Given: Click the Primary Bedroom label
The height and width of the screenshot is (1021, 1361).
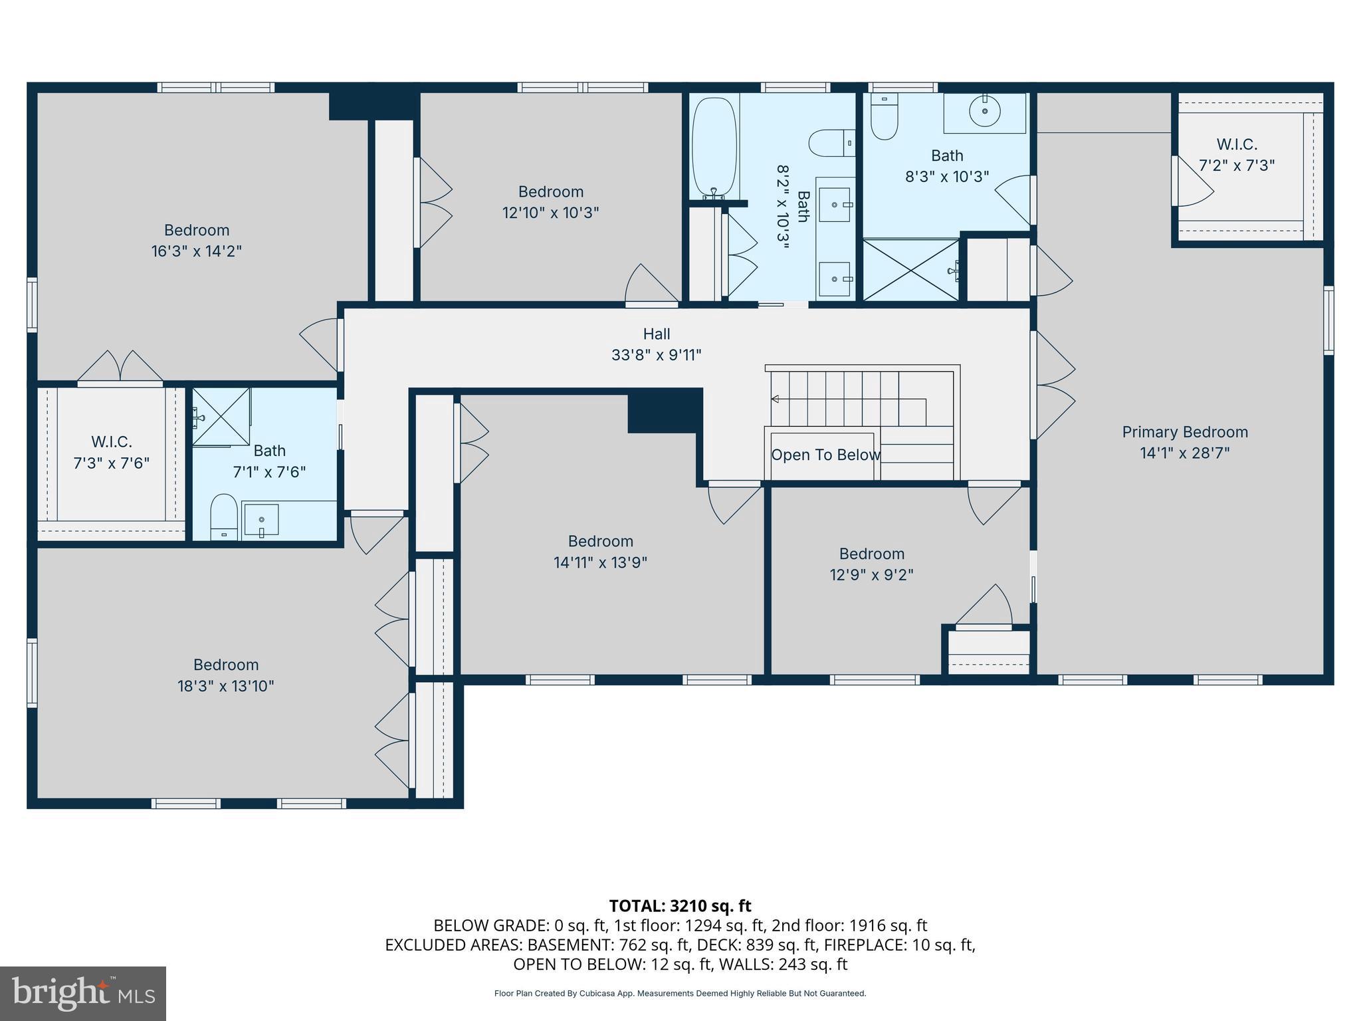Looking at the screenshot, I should (1184, 432).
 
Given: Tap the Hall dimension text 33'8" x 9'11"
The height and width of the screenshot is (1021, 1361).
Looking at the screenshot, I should (656, 355).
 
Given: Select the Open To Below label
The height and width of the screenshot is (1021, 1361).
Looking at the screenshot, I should (825, 455).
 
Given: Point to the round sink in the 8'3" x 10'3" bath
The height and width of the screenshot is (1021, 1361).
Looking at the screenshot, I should (984, 111).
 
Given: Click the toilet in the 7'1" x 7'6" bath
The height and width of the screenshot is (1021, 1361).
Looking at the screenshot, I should (224, 514).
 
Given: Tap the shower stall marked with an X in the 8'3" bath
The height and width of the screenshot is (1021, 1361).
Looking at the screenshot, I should (910, 270).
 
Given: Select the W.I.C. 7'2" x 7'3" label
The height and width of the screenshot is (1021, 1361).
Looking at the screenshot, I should (1236, 154).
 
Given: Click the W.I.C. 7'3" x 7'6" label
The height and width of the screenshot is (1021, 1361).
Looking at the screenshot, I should (111, 452).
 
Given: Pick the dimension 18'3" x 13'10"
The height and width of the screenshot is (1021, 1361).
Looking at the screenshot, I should (225, 686).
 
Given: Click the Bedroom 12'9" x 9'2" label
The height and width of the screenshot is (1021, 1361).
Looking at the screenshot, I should (871, 564).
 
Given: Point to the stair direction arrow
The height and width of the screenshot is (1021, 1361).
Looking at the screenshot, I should (775, 399).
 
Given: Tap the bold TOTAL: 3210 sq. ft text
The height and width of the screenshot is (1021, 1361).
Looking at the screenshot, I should (680, 906).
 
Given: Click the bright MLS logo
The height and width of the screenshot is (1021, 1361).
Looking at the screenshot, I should (83, 993).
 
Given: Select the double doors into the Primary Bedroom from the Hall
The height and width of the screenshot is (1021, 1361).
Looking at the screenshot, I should (1053, 386).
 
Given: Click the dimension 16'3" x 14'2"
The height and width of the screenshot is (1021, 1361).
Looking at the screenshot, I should (196, 251).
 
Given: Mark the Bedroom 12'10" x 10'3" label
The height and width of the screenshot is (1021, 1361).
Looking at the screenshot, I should (550, 202).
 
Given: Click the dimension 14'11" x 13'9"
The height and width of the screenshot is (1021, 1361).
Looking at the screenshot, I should (600, 562).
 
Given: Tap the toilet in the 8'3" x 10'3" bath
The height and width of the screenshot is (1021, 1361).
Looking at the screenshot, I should (884, 118).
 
